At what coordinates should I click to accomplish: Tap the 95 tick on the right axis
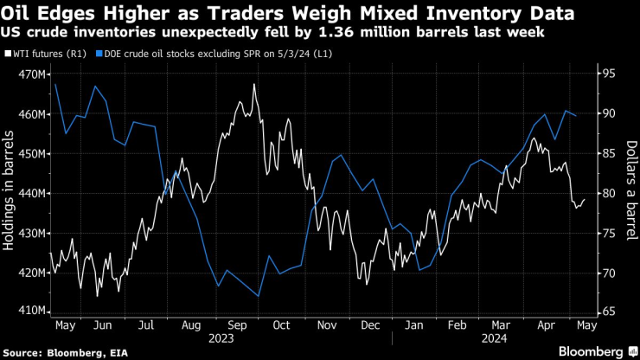pyautogui.click(x=608, y=74)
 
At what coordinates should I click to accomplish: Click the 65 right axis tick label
pyautogui.click(x=608, y=311)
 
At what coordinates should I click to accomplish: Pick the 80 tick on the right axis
pyautogui.click(x=608, y=193)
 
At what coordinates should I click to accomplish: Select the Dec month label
pyautogui.click(x=369, y=325)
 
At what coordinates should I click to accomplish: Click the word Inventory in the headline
pyautogui.click(x=470, y=13)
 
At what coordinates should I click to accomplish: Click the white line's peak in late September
pyautogui.click(x=254, y=84)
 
